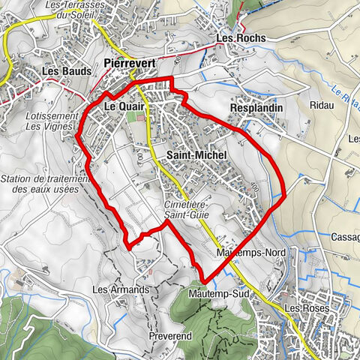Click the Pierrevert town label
[x=130, y=64]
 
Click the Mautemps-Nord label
[x=250, y=253]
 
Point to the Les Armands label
[x=116, y=289]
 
